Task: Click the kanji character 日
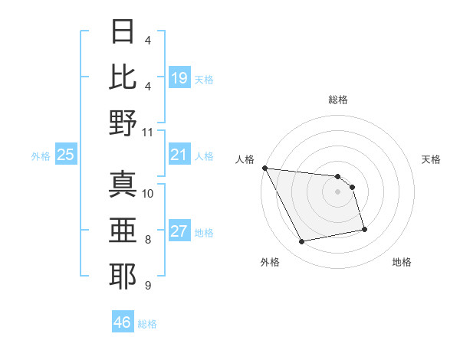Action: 123,33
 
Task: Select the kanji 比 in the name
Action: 123,77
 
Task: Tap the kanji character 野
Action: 123,123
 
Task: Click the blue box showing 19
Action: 179,78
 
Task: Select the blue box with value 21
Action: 179,155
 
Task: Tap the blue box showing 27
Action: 179,232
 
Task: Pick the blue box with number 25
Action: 65,155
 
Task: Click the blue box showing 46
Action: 123,322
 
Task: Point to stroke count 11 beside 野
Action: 148,132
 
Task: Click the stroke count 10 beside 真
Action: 148,193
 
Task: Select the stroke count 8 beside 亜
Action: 148,240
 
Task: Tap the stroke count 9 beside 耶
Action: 148,285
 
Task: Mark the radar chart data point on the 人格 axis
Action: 264,168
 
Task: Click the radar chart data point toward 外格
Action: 301,242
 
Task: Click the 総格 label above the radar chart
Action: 337,100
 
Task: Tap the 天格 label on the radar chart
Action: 432,159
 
